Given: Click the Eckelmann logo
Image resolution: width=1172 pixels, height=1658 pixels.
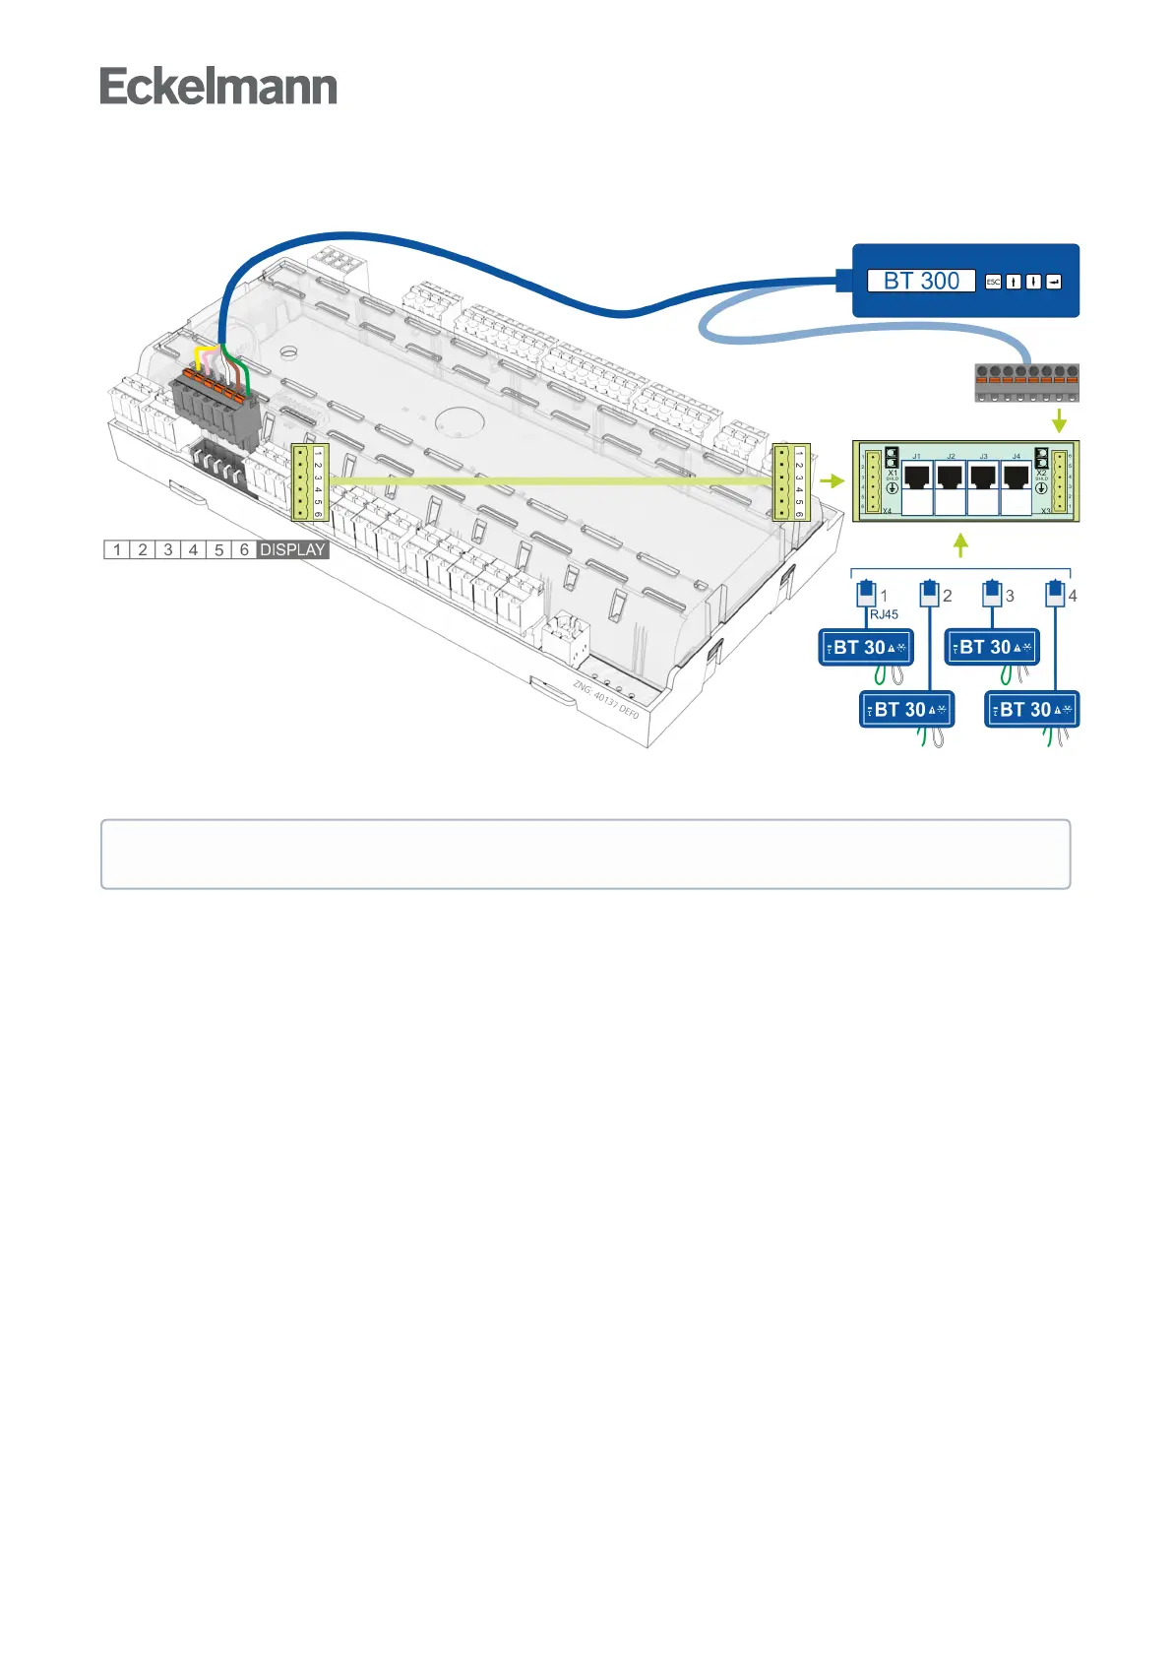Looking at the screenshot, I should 218,87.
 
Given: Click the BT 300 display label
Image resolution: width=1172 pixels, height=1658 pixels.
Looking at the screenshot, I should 920,281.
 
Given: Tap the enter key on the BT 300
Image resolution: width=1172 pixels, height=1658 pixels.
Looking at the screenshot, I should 1053,282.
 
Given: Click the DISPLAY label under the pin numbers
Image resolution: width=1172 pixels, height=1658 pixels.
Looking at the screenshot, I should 292,549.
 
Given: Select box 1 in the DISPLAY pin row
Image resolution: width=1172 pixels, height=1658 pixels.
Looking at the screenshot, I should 117,549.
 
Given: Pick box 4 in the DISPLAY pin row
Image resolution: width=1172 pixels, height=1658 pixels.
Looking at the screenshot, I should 193,549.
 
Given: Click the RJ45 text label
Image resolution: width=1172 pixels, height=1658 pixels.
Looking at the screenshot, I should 884,614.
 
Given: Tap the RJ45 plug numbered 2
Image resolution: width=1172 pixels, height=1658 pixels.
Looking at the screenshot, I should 929,594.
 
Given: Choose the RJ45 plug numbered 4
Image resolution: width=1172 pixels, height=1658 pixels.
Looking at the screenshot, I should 1055,594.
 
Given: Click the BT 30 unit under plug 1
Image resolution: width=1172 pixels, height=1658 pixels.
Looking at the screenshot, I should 866,648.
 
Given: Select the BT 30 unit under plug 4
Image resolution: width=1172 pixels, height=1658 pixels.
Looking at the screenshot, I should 1032,710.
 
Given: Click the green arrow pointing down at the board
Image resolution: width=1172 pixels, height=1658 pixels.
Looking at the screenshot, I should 1059,420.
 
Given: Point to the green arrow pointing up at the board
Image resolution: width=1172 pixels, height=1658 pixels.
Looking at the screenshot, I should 961,544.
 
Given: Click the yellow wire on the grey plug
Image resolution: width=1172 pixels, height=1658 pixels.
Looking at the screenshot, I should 200,355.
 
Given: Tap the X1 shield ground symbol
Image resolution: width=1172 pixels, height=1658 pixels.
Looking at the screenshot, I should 893,488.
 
